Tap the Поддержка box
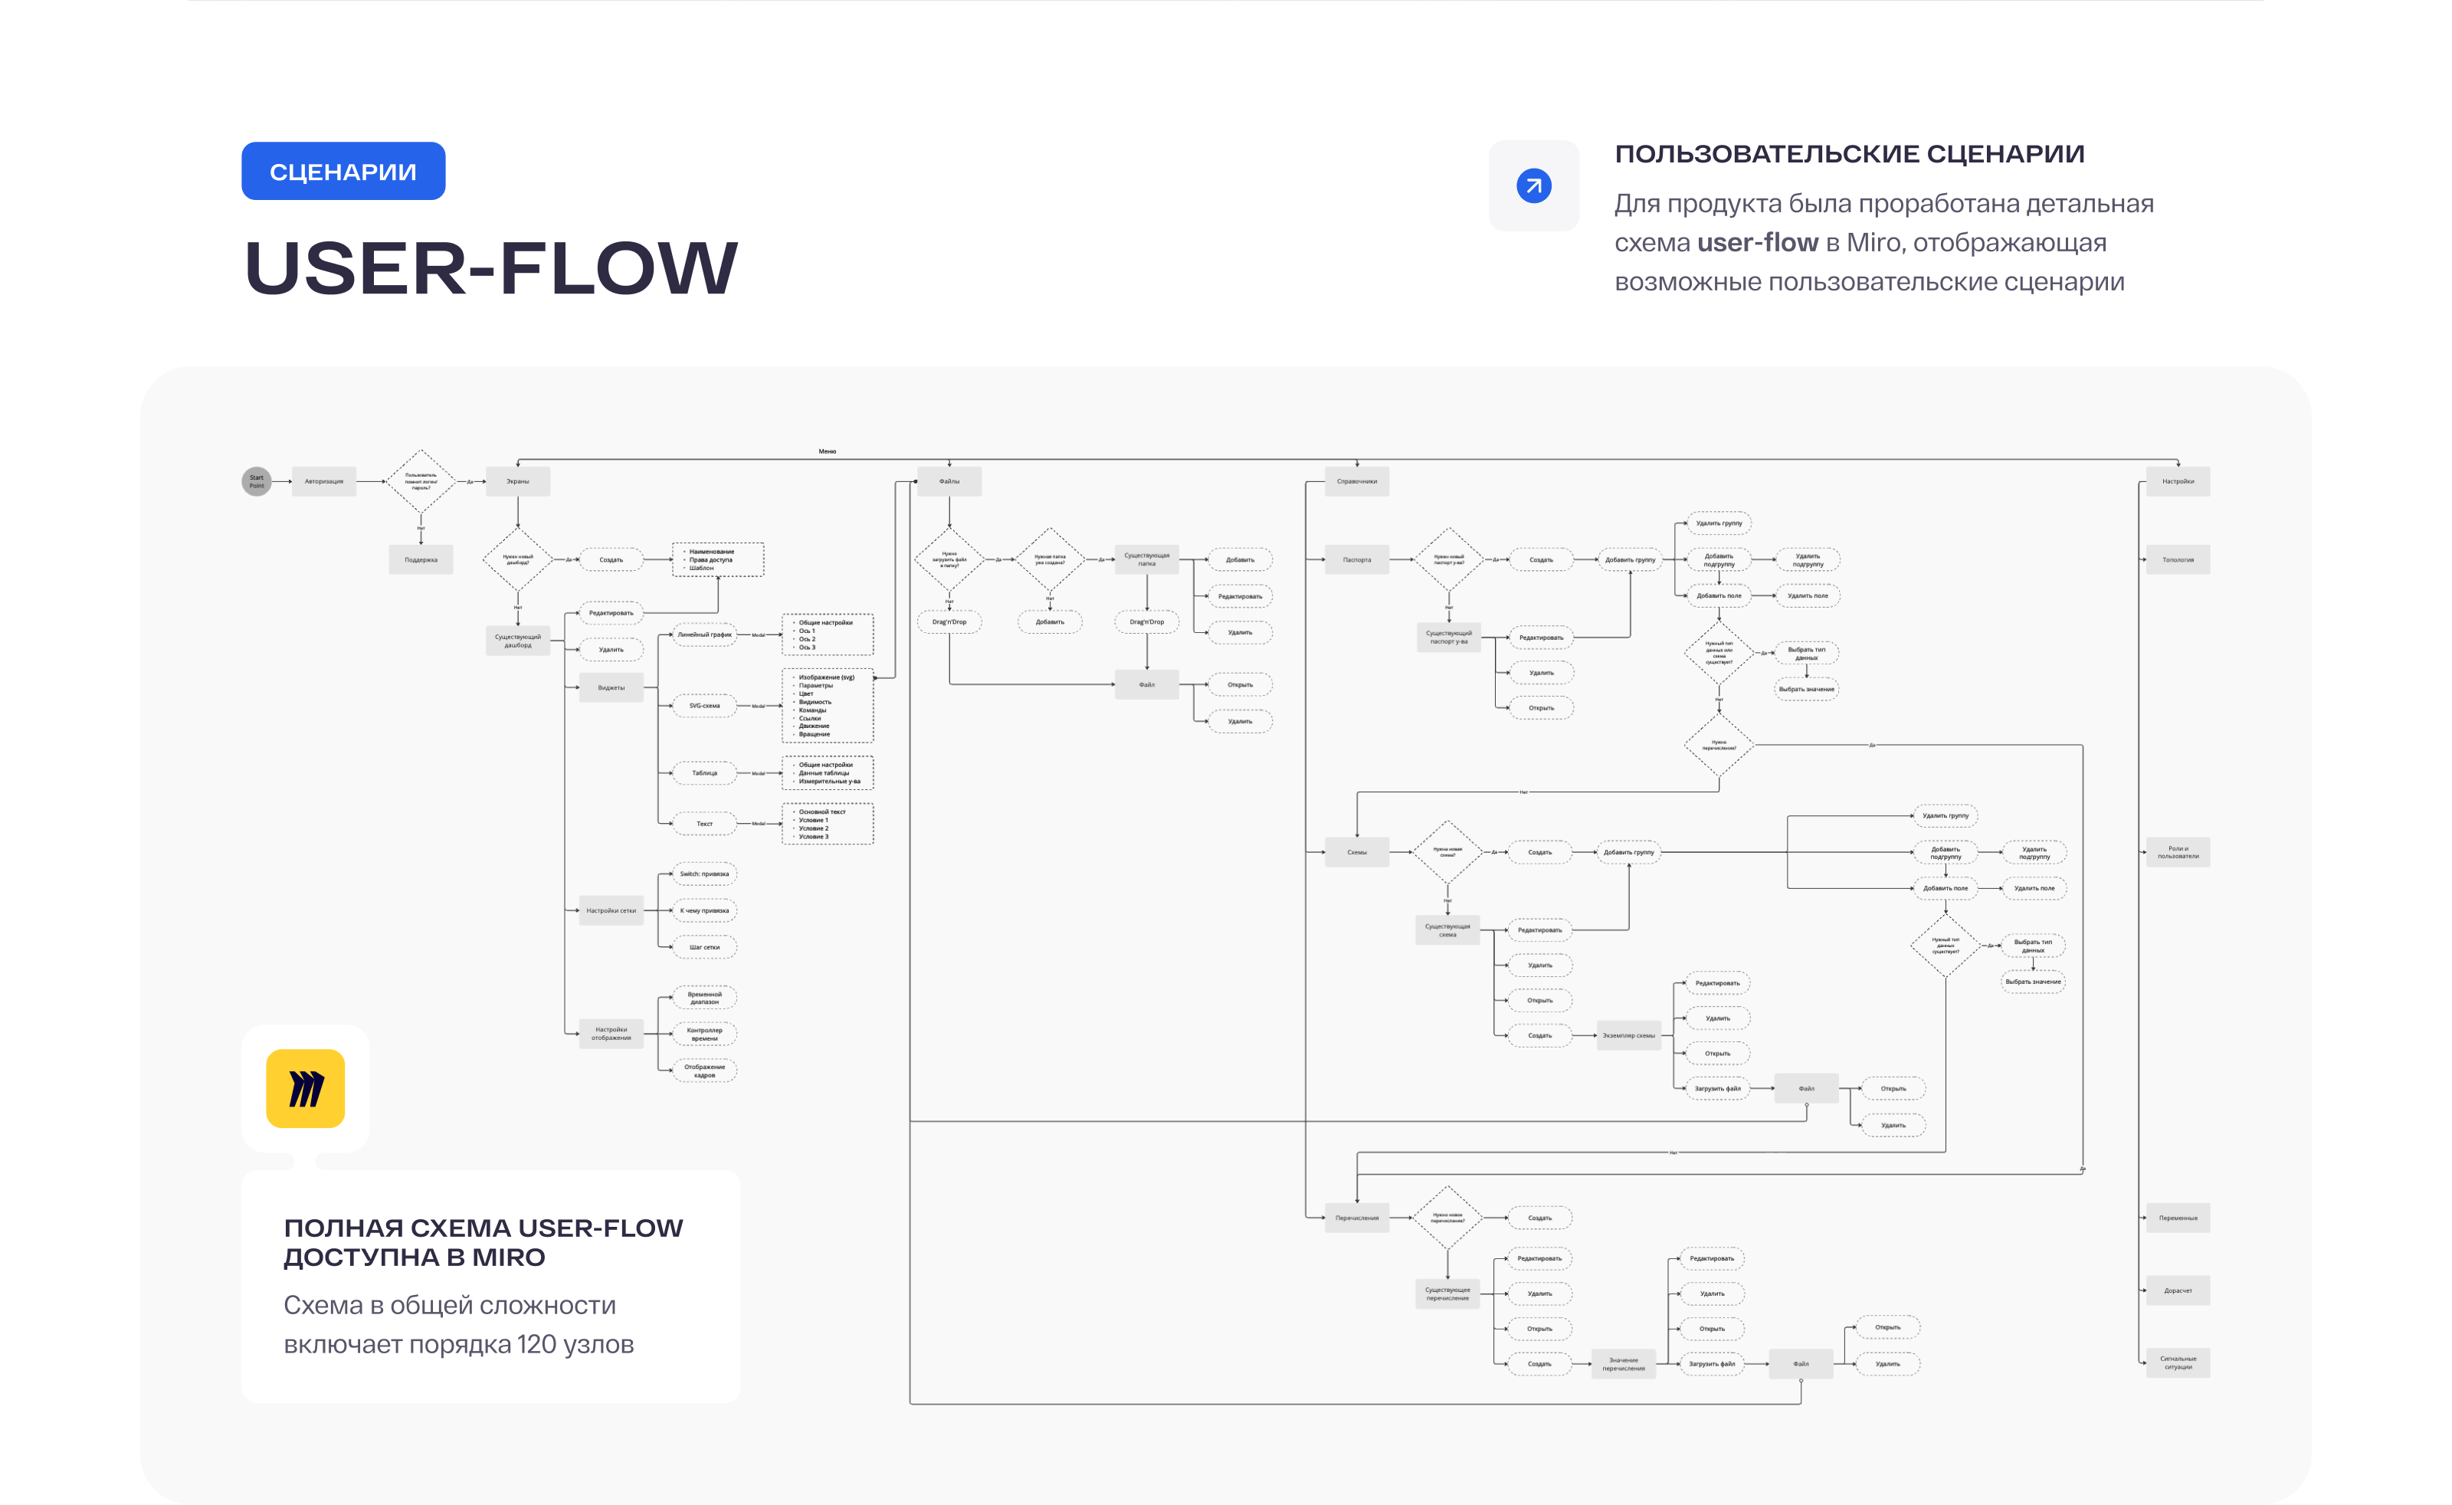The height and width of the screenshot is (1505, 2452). click(421, 559)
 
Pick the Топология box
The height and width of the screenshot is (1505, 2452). click(2178, 559)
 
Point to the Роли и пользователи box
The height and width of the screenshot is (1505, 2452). click(2178, 852)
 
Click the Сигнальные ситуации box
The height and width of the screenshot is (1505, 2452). click(2178, 1362)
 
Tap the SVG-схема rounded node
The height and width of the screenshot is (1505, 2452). click(704, 706)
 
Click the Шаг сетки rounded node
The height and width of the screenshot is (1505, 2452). click(704, 946)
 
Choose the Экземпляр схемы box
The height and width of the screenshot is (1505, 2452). click(1629, 1035)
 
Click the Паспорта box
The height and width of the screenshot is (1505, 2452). click(1356, 559)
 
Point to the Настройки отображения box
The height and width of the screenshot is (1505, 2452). click(611, 1033)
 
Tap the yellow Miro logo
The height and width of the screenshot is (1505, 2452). click(306, 1088)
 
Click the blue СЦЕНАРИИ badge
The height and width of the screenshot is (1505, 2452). click(343, 171)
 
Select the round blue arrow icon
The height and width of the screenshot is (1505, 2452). click(1533, 186)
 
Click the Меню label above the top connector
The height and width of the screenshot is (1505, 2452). click(827, 451)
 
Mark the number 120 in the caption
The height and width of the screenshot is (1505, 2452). click(536, 1344)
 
